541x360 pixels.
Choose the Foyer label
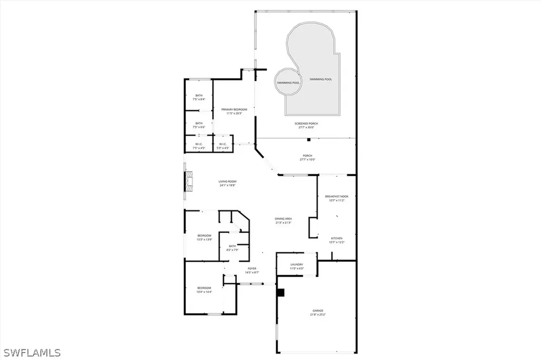pos(252,270)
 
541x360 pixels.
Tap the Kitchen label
pos(338,240)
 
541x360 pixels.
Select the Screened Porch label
pos(306,125)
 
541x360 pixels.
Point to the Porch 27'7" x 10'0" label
pos(307,157)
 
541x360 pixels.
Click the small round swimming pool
pos(288,82)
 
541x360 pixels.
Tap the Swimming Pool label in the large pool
pos(321,79)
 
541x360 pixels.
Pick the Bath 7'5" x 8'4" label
pos(199,97)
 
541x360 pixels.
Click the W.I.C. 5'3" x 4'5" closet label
pos(222,146)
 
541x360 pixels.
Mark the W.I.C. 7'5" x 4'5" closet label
pos(199,146)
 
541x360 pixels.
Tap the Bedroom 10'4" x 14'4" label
pos(204,289)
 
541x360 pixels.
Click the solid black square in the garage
pos(281,292)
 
